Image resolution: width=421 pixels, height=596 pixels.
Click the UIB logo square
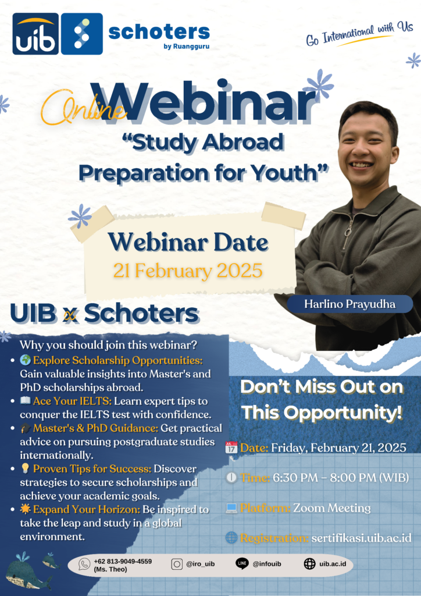coord(35,34)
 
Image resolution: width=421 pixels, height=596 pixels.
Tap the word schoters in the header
coord(159,32)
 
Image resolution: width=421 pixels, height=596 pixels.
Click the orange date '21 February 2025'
coord(188,271)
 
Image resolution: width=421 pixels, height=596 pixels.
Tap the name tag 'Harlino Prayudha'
coord(349,304)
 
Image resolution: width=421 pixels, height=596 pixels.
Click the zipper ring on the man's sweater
coord(348,231)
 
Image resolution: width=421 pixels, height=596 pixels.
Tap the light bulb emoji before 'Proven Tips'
coord(26,469)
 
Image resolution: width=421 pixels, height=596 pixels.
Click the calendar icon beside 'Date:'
coord(231,447)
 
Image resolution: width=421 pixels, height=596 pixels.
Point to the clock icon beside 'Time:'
coord(231,477)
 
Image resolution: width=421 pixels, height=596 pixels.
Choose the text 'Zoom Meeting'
coord(332,508)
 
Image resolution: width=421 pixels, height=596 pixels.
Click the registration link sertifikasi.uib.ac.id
coord(362,538)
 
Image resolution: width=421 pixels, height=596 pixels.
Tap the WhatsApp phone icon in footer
coord(84,563)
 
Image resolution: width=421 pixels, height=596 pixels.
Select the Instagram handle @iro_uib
coord(201,564)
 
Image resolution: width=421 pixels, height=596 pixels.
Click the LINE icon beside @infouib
coord(242,563)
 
